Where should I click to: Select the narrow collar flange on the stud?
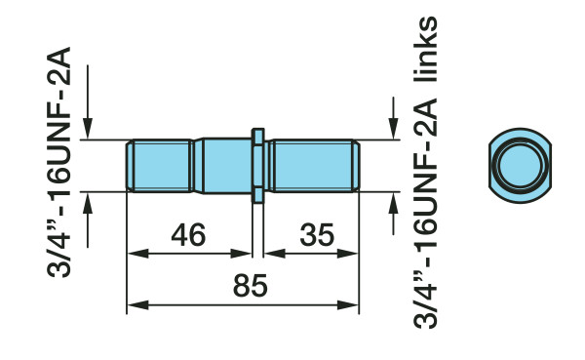click(x=257, y=165)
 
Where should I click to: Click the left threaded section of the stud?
click(x=159, y=165)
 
